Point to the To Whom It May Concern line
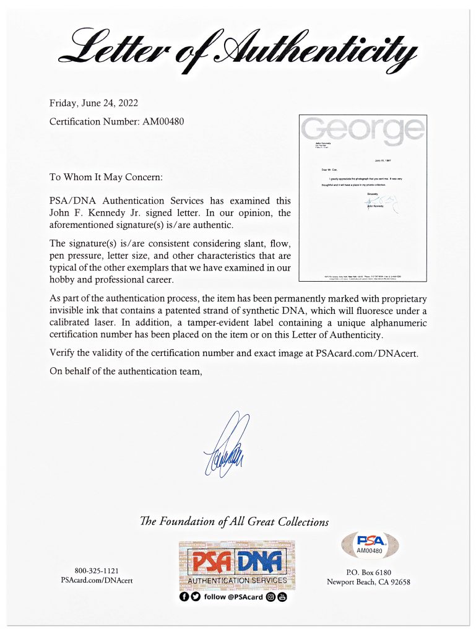click(106, 177)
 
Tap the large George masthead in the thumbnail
click(363, 129)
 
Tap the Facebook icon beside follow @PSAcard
click(184, 597)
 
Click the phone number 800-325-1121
click(97, 571)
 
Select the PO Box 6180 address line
click(368, 572)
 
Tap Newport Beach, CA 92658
click(368, 582)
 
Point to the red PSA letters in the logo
click(210, 560)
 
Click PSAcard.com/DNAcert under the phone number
click(97, 581)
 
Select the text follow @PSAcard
click(233, 597)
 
